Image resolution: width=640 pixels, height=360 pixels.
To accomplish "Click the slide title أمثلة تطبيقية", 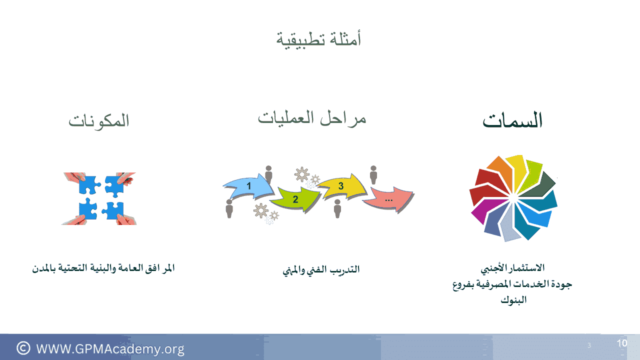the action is point(318,39).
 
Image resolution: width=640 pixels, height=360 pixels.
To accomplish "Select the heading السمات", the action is point(512,120).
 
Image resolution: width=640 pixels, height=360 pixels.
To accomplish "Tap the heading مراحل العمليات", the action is point(312,118).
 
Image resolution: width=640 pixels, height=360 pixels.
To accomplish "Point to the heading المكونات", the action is point(99,121).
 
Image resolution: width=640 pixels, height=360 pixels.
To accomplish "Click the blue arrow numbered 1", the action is point(248,186).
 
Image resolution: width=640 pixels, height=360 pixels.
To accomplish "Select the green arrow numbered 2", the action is point(295,198).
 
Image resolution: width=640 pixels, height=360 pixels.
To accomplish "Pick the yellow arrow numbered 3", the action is point(341,186).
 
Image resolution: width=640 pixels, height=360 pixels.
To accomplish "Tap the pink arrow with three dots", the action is point(389,199).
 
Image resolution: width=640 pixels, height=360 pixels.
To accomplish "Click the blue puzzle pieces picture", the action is point(99,198).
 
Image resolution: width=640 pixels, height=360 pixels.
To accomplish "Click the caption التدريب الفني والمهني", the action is point(321,269).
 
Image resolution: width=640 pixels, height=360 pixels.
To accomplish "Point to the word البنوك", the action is point(513,299).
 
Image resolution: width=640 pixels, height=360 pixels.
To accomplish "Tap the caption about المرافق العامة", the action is point(103,268).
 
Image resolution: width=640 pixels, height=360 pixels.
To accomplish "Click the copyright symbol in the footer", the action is point(23,348).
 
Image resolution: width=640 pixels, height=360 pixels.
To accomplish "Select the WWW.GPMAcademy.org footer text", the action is point(110,349).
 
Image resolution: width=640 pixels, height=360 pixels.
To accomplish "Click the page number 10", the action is point(621,343).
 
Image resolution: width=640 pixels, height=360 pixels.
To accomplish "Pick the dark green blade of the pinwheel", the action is point(538,185).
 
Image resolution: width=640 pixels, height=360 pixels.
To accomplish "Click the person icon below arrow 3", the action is point(337,209).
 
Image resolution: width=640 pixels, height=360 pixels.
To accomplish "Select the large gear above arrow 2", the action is point(301,174).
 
